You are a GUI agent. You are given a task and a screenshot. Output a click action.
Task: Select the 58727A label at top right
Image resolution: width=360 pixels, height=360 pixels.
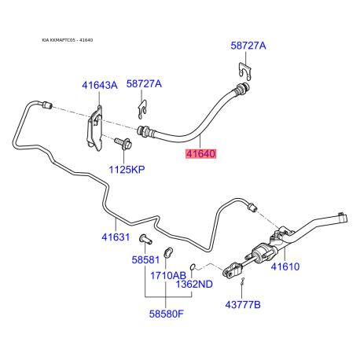coord(248,46)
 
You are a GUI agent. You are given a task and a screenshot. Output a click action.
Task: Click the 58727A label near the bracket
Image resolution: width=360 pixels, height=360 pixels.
coord(144,84)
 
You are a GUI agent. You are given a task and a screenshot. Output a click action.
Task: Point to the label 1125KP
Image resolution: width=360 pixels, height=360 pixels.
coord(126,169)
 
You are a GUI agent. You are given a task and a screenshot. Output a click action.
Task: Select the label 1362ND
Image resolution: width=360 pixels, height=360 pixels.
coord(194,284)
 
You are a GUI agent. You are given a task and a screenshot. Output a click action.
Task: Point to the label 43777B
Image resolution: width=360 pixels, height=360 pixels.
coord(244,304)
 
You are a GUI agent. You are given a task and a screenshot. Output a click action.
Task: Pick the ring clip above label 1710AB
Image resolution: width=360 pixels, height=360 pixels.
coord(167,252)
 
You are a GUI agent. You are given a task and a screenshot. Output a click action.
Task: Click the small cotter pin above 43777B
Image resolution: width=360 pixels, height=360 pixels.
coord(244,285)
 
